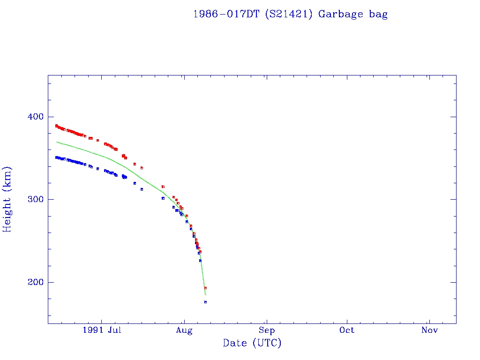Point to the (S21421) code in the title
(290, 14)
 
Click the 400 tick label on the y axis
(32, 117)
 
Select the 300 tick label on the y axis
(32, 199)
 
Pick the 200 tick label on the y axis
(32, 282)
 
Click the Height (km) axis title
(7, 199)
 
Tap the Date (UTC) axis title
(252, 343)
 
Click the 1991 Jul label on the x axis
(102, 330)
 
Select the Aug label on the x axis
(184, 330)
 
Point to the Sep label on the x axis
(266, 330)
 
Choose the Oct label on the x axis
(347, 330)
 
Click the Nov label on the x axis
(429, 330)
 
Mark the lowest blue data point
(205, 302)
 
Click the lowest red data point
(205, 288)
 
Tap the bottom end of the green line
(205, 295)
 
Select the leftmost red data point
(56, 126)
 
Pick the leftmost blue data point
(56, 157)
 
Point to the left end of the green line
(57, 142)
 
